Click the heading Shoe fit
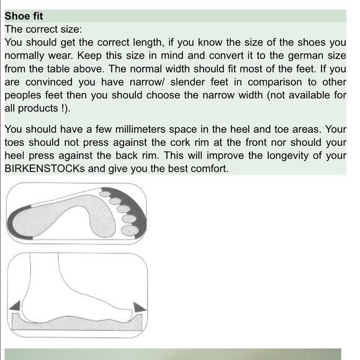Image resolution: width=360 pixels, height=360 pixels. click(24, 16)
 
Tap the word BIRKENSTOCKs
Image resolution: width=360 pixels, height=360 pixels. click(45, 169)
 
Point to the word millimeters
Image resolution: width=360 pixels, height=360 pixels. click(140, 129)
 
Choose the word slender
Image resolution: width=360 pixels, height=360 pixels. click(187, 82)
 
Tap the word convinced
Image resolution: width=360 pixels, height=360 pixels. click(49, 82)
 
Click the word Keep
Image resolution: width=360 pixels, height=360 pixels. click(89, 56)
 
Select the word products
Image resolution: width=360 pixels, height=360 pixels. click(38, 109)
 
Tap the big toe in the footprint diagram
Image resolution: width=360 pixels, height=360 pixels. click(130, 230)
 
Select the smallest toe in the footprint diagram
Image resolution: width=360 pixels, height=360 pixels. click(105, 194)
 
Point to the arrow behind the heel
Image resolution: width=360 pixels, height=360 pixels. click(15, 306)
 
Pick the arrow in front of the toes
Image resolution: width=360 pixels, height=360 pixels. click(140, 307)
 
